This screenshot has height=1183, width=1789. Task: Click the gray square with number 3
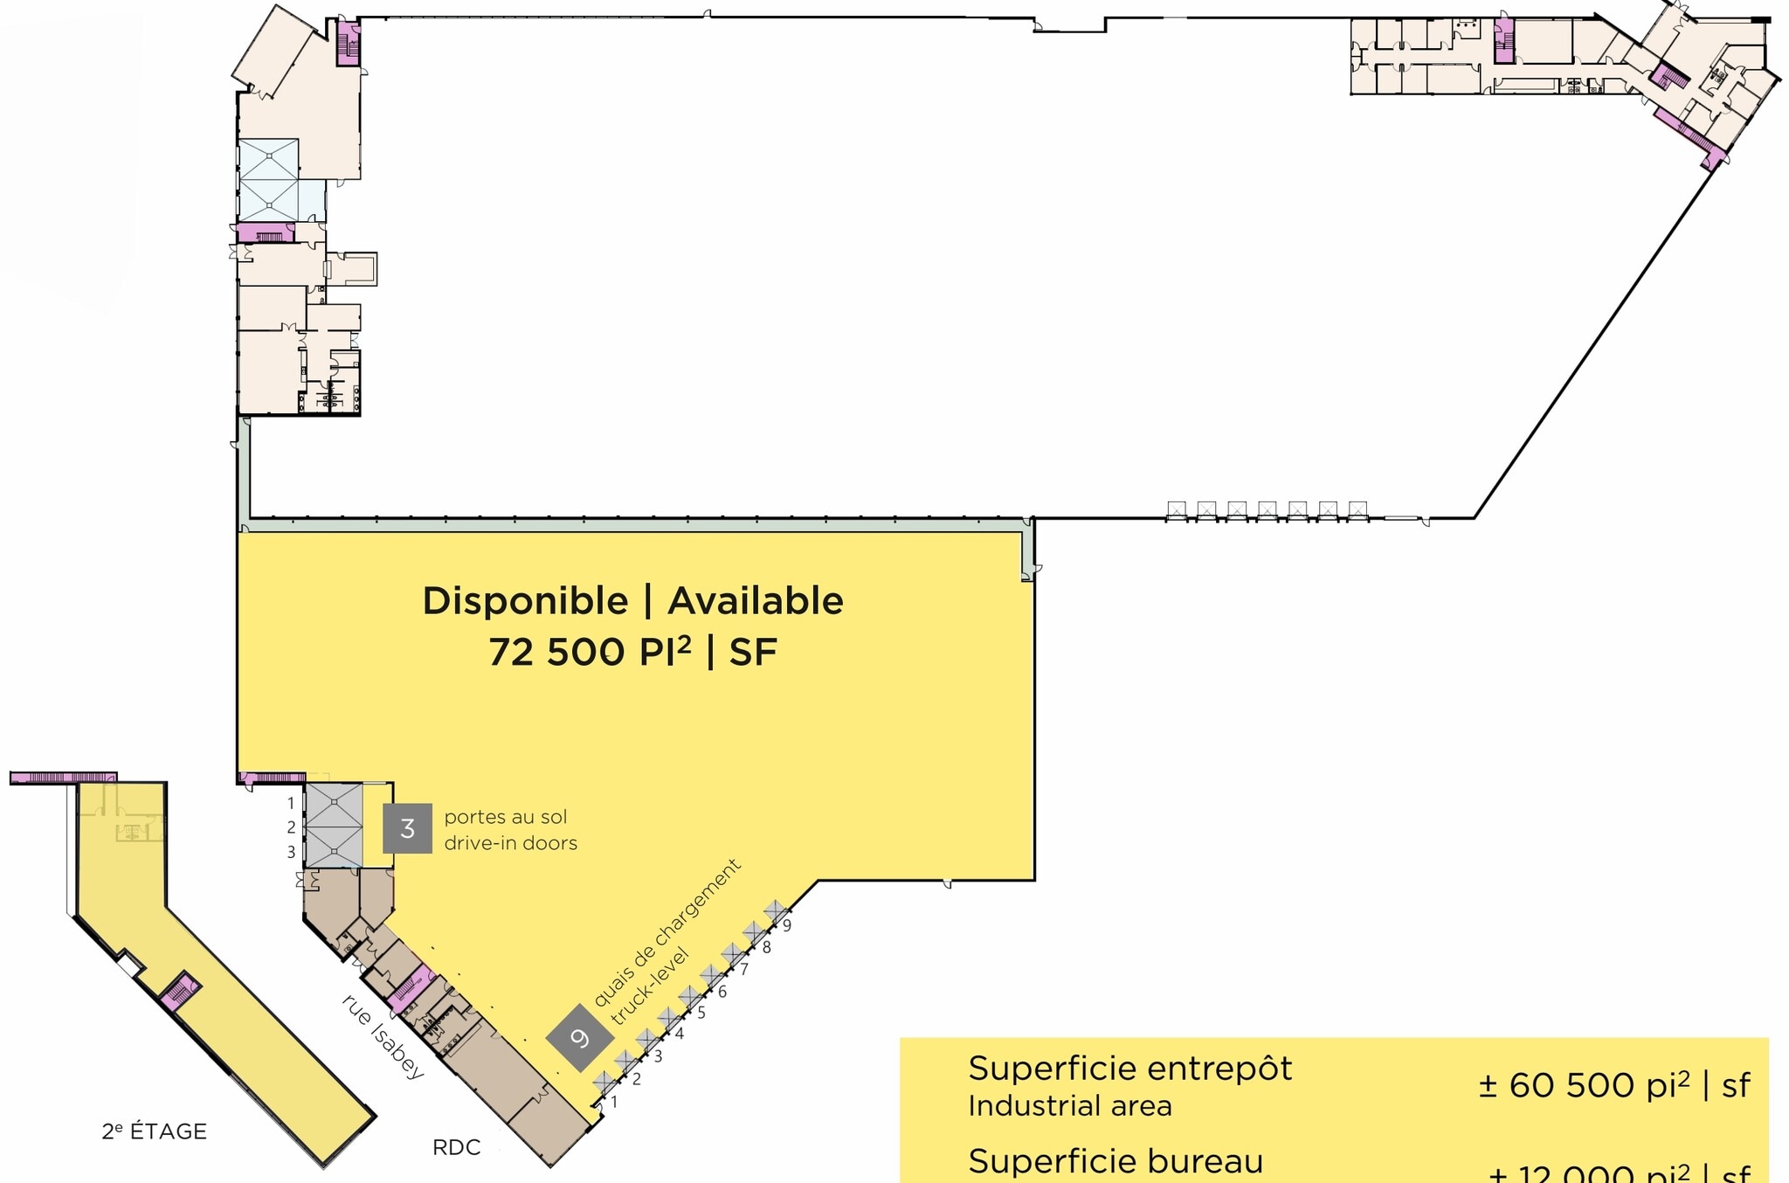coord(407,828)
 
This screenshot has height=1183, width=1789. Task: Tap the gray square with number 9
coord(579,1038)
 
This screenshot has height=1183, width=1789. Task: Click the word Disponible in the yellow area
coord(525,601)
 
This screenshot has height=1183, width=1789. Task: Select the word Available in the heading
coord(756,601)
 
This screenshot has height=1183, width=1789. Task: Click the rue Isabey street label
coord(383,1036)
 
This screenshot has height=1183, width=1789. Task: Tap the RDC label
coord(456,1147)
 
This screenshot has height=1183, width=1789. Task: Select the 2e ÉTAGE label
coord(155,1131)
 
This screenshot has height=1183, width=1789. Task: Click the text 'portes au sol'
coord(506,817)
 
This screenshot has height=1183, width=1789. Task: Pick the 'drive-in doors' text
coord(511,843)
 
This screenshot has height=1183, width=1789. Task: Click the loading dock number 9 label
coord(787,926)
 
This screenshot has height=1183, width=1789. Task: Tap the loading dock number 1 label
coord(614,1103)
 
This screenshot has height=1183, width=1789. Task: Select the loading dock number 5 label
coord(701,1014)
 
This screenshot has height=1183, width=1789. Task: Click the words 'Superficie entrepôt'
coord(1129,1069)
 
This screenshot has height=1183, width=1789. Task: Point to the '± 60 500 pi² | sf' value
coord(1614,1085)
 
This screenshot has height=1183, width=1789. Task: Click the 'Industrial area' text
coord(1069,1106)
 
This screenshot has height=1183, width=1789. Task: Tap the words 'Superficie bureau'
coord(1116,1161)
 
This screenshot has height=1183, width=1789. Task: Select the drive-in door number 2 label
coord(291,827)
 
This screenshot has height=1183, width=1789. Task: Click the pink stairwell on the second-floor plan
coord(181,991)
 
